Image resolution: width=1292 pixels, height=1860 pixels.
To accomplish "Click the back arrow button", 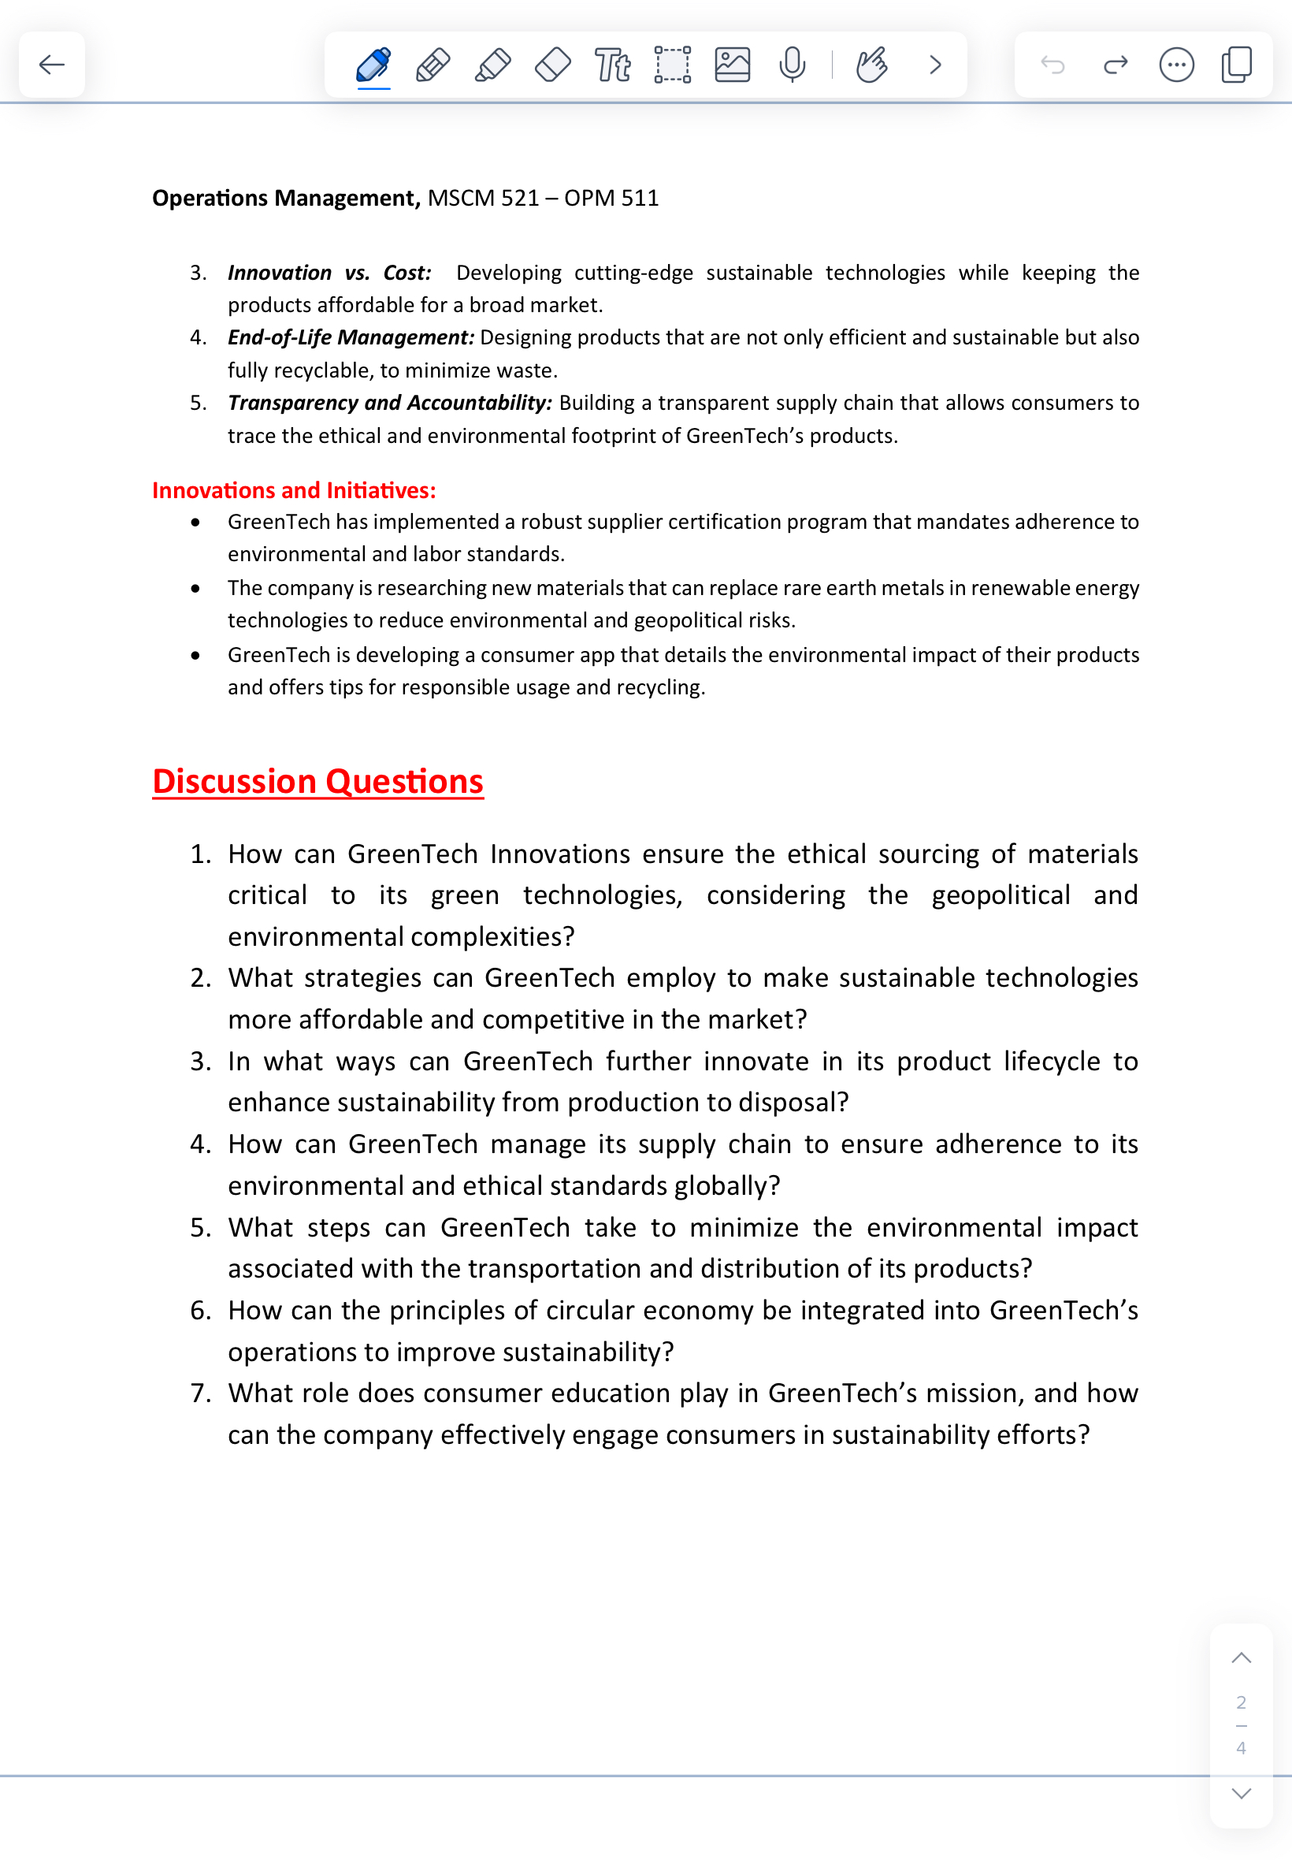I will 52,65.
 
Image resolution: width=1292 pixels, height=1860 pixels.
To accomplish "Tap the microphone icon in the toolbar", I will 792,65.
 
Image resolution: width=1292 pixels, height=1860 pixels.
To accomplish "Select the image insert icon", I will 732,65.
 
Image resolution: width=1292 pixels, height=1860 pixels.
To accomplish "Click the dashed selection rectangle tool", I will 672,65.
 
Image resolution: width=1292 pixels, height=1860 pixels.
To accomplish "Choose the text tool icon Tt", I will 612,65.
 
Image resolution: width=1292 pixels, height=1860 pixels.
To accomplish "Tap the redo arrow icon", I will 1116,65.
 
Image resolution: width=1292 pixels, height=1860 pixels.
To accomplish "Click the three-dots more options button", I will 1175,65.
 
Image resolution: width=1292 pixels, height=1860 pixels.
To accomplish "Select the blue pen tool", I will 373,65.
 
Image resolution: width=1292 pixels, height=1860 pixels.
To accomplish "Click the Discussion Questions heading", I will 317,781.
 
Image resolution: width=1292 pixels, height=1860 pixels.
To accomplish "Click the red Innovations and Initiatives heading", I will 294,490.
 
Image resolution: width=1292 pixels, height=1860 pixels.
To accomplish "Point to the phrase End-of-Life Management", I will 350,337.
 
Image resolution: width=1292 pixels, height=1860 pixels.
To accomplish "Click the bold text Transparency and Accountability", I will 389,403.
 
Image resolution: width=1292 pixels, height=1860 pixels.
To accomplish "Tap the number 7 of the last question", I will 199,1393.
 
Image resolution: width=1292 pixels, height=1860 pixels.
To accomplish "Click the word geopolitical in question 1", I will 1001,895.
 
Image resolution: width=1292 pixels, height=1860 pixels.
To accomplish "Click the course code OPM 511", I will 611,198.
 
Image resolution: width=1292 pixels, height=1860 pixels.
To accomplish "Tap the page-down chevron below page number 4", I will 1240,1793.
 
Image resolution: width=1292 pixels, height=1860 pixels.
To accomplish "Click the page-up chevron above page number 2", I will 1240,1657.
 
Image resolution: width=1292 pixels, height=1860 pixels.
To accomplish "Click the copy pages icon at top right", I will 1236,65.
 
